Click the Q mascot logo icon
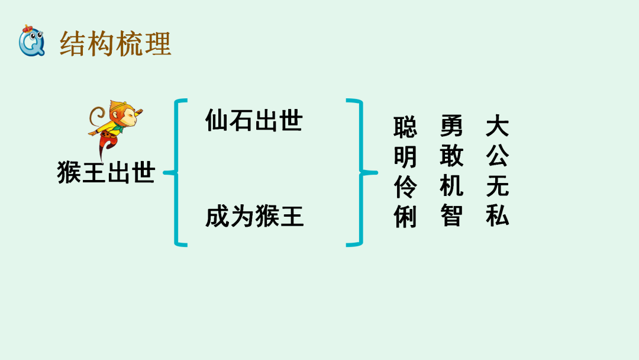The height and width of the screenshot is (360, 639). pos(31,41)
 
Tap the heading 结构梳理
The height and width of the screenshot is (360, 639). pos(115,44)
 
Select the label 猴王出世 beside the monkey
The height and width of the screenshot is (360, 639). pos(106,173)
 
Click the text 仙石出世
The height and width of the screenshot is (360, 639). pos(254,121)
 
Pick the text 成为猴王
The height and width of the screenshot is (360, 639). pos(254,217)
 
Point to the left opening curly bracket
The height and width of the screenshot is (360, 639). pos(176,172)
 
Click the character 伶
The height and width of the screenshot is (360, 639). pos(405,188)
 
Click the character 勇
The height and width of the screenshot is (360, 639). pos(451,126)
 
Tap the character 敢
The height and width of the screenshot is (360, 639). pos(451,156)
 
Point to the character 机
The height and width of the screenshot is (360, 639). pos(451,187)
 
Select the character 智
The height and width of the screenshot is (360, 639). pos(451,217)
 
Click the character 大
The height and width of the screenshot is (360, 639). pos(498,126)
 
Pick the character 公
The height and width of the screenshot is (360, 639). pos(498,156)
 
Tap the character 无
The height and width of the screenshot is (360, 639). pos(498,187)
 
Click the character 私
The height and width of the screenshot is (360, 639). pos(498,217)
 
